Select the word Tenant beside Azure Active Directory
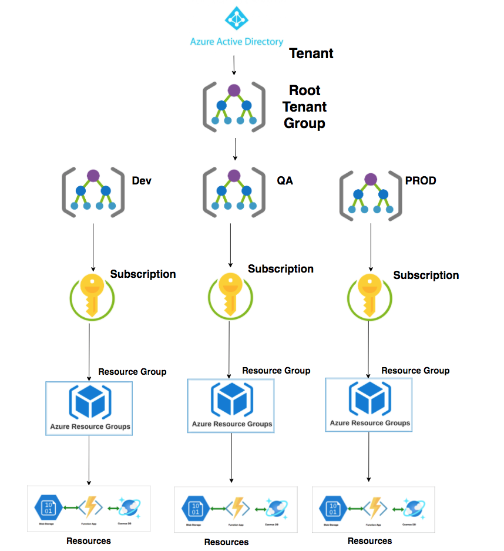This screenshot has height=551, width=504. click(x=311, y=53)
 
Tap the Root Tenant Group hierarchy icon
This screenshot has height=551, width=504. click(x=234, y=107)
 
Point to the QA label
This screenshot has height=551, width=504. click(x=284, y=181)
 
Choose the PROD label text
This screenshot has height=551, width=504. click(x=421, y=181)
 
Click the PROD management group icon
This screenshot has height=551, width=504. click(x=370, y=195)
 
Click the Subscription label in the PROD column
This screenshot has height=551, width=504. click(x=426, y=275)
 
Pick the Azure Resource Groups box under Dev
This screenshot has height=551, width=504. click(x=89, y=408)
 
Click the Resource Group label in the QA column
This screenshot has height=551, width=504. click(x=276, y=371)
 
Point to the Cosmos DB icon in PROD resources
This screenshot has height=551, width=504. click(x=415, y=507)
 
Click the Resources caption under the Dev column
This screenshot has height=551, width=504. click(x=89, y=540)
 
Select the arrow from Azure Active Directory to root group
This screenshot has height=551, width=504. click(x=234, y=65)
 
